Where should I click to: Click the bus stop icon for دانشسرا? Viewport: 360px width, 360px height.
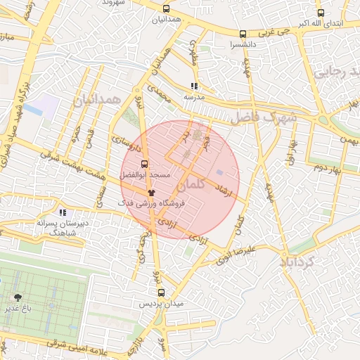243,33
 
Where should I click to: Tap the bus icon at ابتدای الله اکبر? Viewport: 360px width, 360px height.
321,13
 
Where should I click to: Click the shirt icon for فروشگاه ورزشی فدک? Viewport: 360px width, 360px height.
150,192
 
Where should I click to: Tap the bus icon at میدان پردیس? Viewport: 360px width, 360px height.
161,292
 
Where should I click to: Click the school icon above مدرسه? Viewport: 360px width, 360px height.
195,86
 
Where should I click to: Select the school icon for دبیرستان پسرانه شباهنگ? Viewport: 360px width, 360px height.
63,212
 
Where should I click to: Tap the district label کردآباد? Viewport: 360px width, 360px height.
300,262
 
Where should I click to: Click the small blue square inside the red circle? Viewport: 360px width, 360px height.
219,172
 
